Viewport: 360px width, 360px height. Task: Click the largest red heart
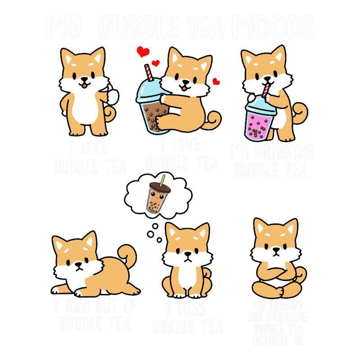click(143, 52)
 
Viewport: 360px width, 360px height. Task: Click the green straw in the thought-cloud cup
click(161, 179)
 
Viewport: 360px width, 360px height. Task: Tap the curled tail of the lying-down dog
click(128, 256)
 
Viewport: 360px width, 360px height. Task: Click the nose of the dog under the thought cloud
click(187, 254)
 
